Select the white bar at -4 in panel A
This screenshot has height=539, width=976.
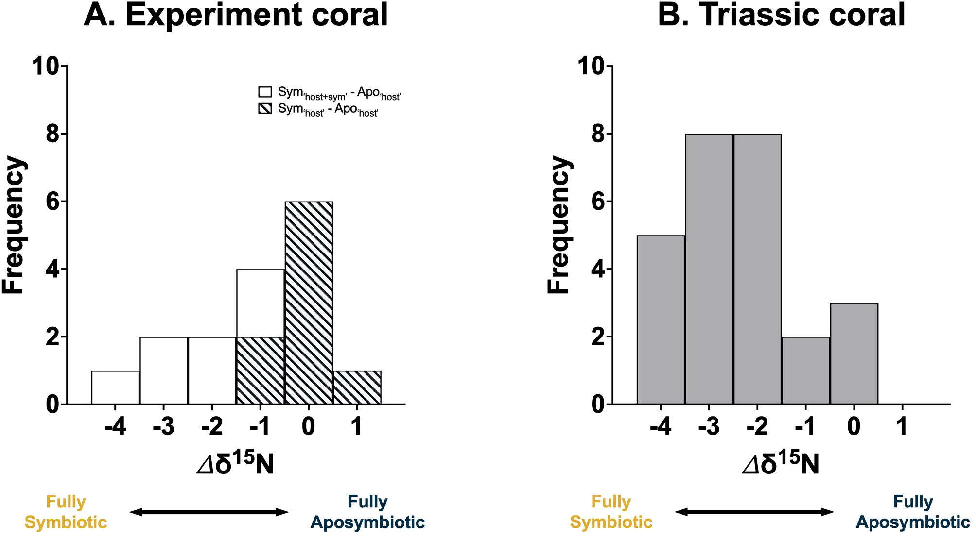[x=116, y=387]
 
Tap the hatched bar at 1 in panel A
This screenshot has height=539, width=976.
[x=357, y=387]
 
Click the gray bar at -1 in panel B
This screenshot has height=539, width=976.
[x=806, y=370]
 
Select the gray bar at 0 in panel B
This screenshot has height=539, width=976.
[x=854, y=354]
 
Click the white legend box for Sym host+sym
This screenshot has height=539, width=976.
[x=265, y=92]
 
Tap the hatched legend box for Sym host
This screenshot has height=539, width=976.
[x=265, y=108]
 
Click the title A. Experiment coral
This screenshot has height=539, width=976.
[x=236, y=15]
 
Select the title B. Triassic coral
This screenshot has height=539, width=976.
[x=781, y=15]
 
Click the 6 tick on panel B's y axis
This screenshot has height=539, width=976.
[x=599, y=202]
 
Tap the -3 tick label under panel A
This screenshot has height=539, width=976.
[x=164, y=427]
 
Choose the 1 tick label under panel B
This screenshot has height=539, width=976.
[x=902, y=427]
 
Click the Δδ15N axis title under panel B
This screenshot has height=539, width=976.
[x=781, y=464]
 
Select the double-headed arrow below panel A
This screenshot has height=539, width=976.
[x=209, y=512]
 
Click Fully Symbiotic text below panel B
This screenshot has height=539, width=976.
[x=611, y=512]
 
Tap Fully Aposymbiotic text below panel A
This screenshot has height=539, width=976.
[x=367, y=512]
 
